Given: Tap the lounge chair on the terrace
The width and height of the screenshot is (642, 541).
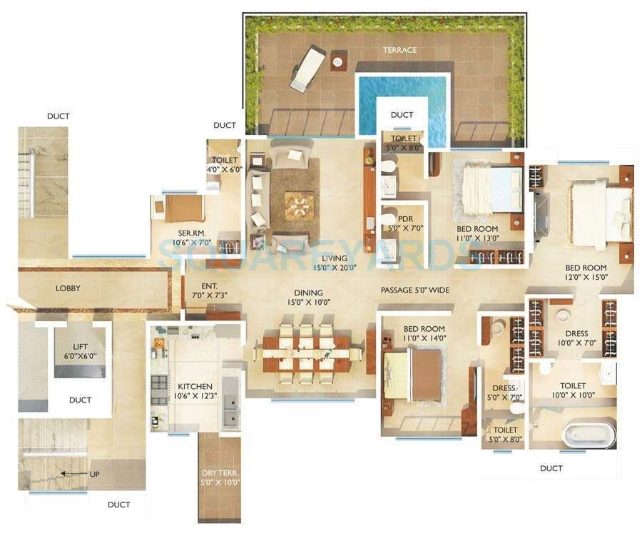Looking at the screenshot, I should [307, 68].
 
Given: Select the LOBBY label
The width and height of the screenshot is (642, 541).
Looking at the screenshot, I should [68, 288].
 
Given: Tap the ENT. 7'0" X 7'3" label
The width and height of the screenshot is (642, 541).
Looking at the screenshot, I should [209, 290].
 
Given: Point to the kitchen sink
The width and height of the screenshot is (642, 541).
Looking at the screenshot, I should [230, 411].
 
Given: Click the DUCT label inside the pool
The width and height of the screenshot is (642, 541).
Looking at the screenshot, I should [402, 115].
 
